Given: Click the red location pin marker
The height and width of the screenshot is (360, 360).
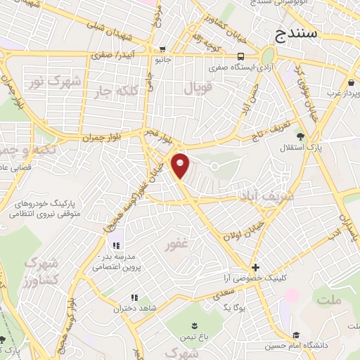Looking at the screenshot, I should (181, 165).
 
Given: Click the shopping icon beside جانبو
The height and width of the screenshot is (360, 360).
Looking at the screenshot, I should (163, 49).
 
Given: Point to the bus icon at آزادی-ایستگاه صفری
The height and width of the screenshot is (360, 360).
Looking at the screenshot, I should (240, 56).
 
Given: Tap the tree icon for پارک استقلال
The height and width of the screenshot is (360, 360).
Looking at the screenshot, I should (301, 136).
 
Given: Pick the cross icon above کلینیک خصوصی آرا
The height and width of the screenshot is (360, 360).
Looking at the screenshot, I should (256, 267).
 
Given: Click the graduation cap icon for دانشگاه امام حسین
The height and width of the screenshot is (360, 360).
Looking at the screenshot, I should (297, 335).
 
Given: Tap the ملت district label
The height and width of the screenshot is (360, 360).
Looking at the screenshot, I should (329, 301).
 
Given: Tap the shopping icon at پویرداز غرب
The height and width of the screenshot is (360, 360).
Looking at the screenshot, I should (330, 92).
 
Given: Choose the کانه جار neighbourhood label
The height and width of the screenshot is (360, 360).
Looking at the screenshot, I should (133, 90).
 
